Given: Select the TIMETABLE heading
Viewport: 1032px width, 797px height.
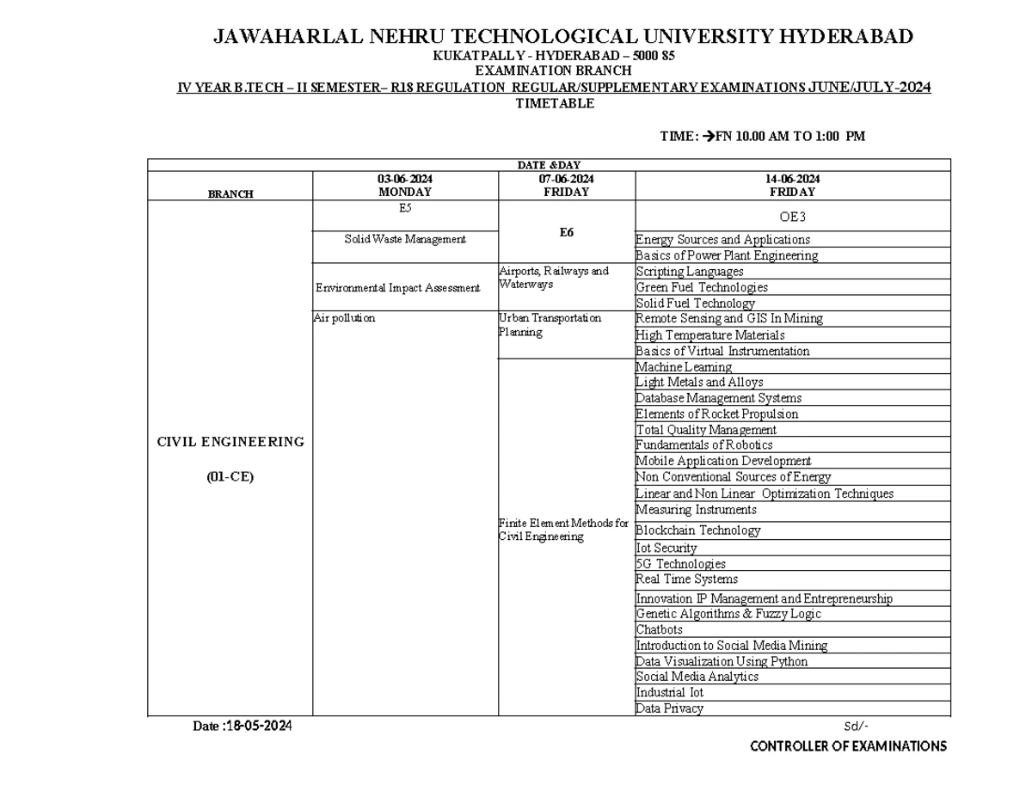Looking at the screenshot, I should coord(555,104).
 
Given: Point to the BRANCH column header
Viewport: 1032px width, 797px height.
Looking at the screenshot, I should coord(230,194).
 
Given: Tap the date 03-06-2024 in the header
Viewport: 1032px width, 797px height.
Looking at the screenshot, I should coord(405,179).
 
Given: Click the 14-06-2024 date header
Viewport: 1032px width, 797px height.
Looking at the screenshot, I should coord(793,179).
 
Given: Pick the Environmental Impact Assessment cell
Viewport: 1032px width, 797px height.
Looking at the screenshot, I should coord(397,288).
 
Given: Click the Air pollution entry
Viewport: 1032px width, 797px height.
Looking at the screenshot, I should coord(345,318).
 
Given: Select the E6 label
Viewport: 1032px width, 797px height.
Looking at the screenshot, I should coord(567,232).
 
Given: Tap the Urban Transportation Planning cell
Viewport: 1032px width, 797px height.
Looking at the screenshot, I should coord(550,325).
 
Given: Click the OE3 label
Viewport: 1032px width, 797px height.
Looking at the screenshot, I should coord(792,217).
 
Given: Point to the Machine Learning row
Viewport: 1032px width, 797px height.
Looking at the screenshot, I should coord(684,367).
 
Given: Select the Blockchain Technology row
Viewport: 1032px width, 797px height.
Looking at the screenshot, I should coord(697,530).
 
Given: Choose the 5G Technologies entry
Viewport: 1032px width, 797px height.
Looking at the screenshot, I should coord(680,564).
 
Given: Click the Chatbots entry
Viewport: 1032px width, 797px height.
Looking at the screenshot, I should coord(659,629).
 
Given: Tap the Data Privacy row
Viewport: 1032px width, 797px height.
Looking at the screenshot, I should coord(669,708).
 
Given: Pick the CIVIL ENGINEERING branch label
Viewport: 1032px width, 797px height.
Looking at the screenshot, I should coord(230,442).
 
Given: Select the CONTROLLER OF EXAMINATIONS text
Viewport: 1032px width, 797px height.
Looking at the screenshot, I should coord(848,746).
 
